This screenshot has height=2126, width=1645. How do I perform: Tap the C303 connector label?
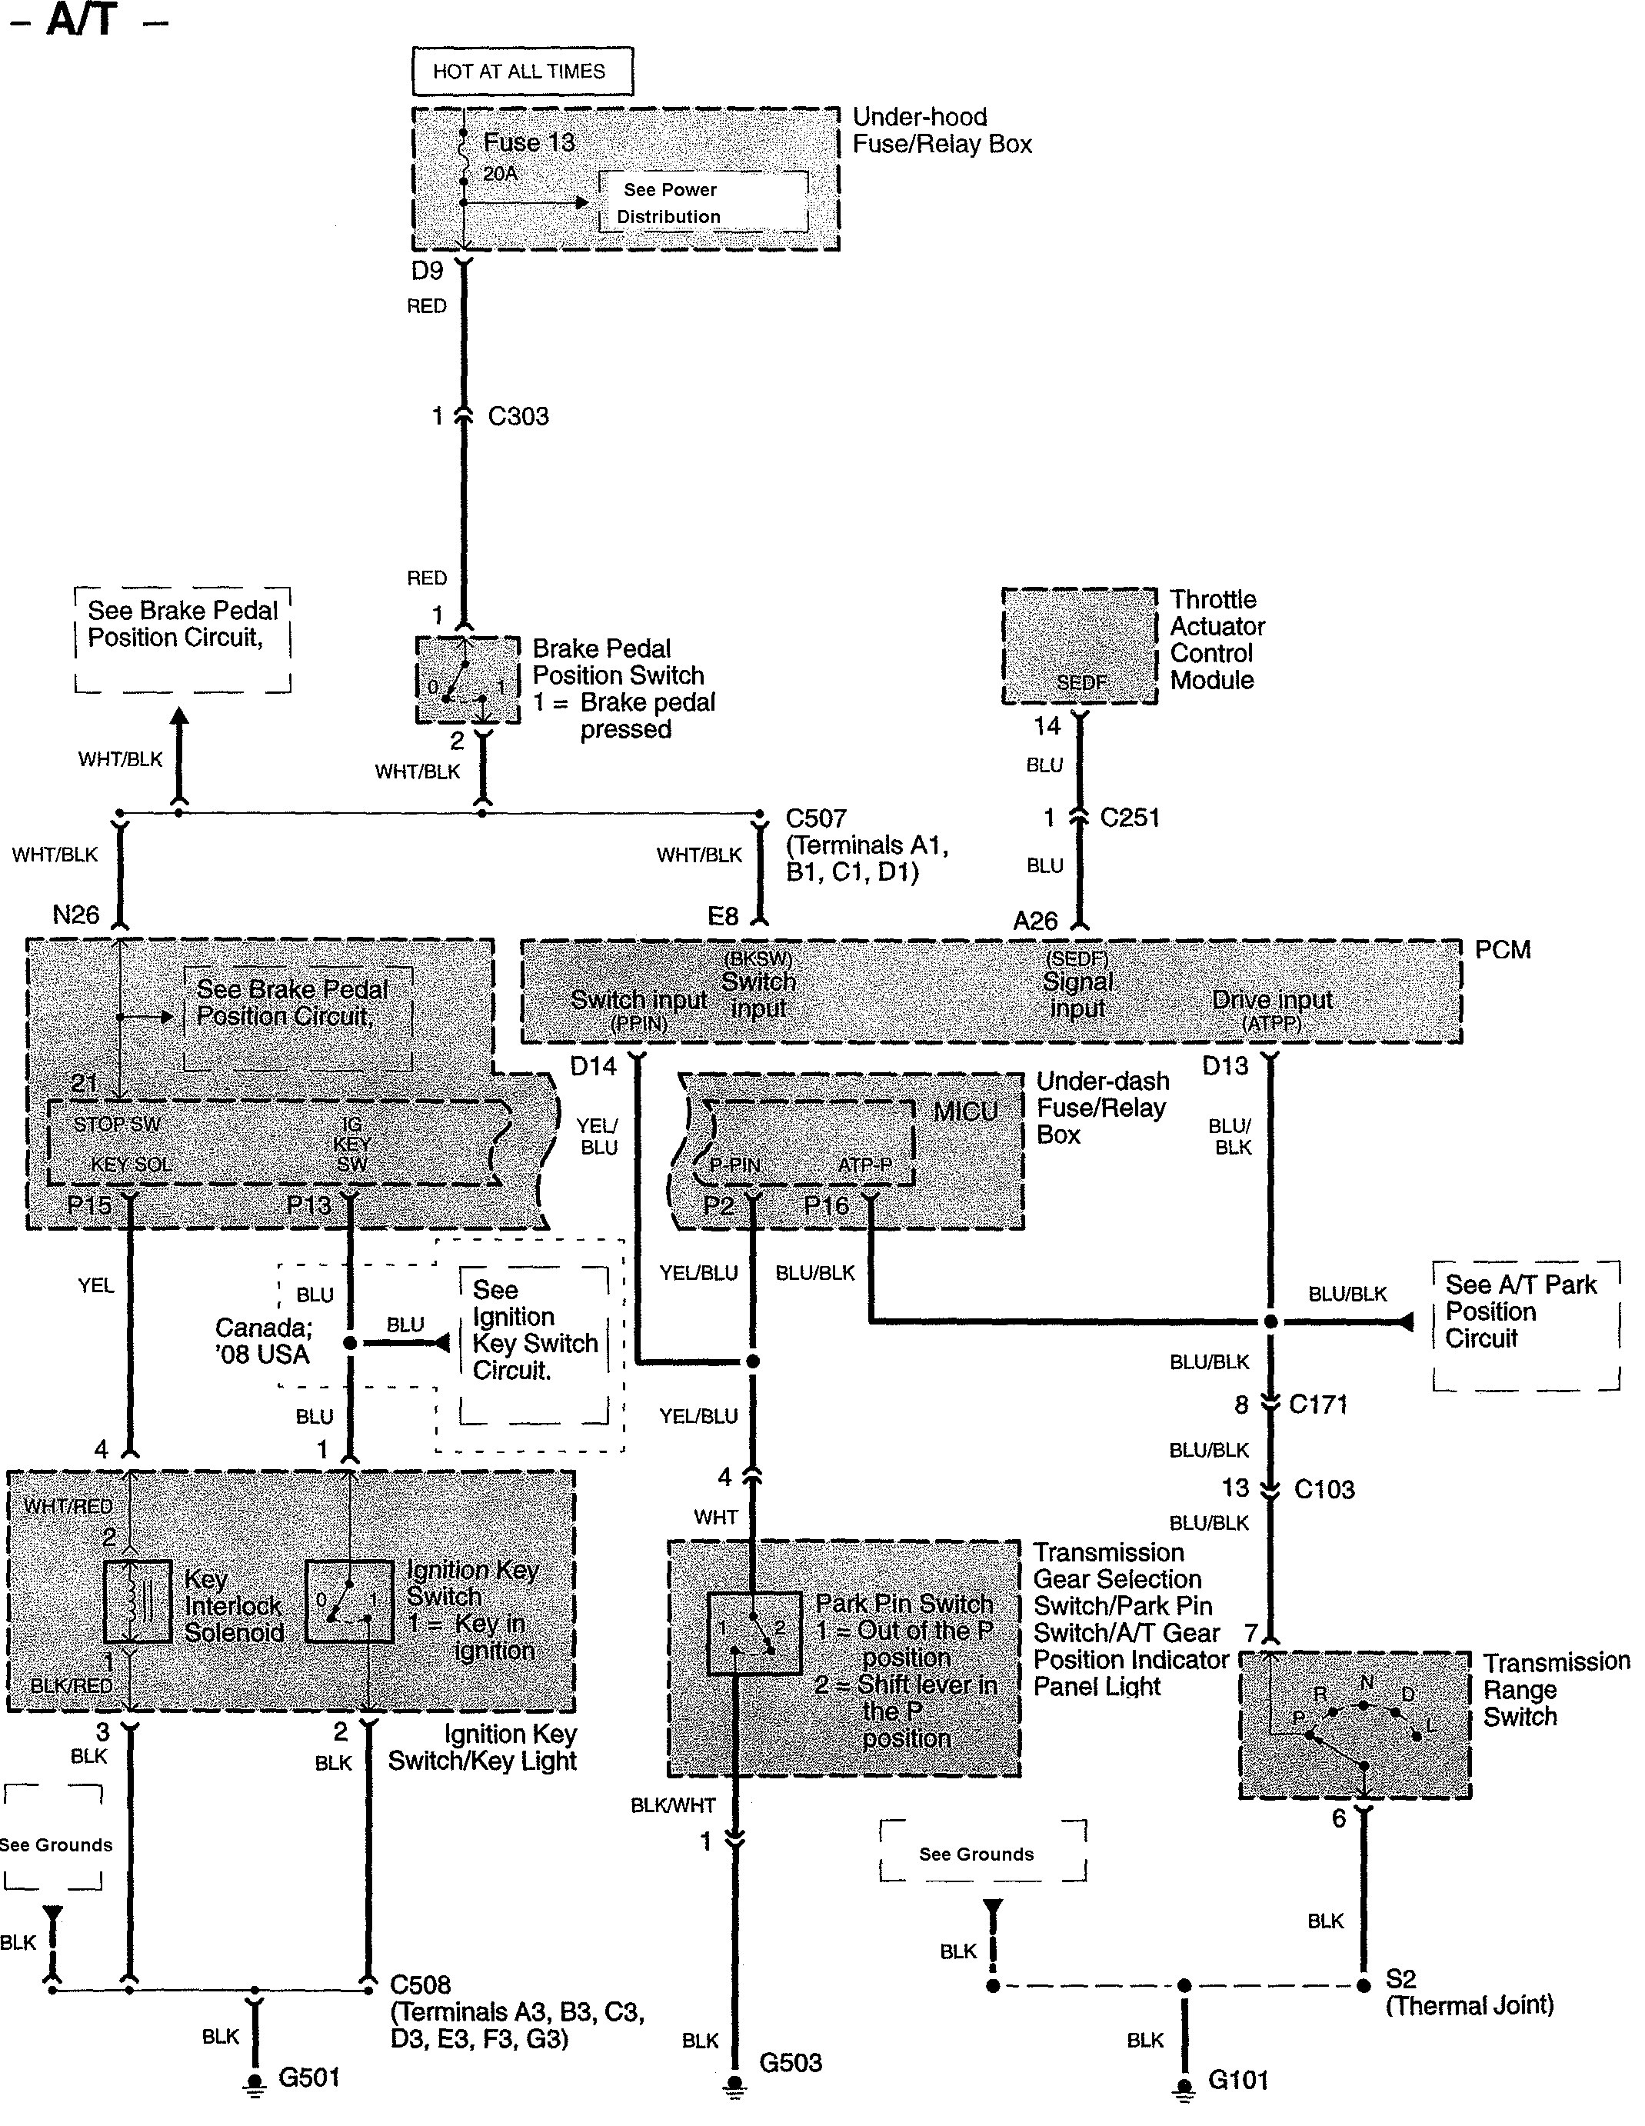[518, 417]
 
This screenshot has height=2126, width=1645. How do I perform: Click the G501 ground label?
[308, 2078]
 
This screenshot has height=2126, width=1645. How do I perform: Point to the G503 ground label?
[791, 2063]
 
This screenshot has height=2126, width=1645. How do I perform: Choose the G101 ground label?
[1238, 2081]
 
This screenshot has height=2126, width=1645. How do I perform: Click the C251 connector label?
[1129, 818]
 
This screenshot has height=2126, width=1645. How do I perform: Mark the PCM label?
[1502, 950]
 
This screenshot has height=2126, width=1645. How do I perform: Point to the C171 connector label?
[1318, 1405]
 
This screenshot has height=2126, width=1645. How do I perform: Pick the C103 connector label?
[1324, 1488]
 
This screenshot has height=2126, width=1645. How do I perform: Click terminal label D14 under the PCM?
[593, 1067]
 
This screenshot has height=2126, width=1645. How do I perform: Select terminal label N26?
[76, 915]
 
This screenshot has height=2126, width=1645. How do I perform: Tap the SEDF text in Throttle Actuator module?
[1081, 683]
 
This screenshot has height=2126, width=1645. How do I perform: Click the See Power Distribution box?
[702, 202]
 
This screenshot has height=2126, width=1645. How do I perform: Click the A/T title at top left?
[82, 19]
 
